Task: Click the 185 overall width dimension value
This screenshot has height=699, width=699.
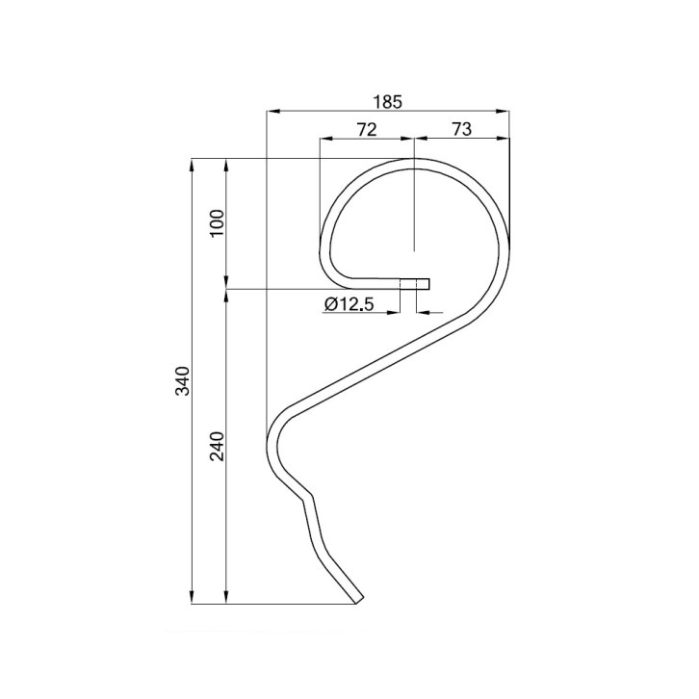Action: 387,99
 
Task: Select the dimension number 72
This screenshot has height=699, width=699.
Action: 366,130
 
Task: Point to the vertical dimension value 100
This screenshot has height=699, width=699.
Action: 216,222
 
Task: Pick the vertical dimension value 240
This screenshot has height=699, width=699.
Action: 216,446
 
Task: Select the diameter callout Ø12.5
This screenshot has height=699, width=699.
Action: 349,304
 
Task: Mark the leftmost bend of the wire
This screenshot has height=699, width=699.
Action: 269,445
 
